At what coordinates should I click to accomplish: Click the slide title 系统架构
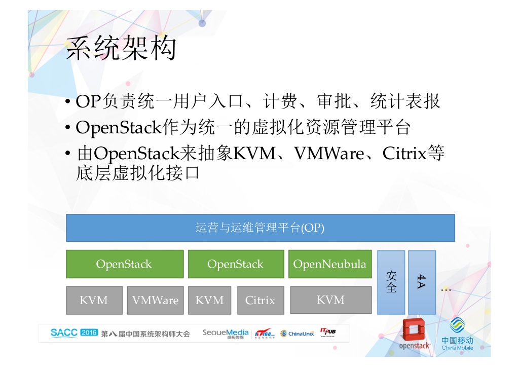(x=121, y=49)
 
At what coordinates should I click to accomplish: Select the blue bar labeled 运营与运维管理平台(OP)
(x=260, y=228)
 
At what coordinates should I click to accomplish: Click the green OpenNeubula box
(x=329, y=264)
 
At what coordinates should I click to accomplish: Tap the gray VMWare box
(x=155, y=300)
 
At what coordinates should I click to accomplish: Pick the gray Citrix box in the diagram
(x=260, y=300)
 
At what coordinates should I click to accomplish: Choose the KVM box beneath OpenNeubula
(x=330, y=300)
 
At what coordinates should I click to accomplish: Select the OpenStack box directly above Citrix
(x=235, y=264)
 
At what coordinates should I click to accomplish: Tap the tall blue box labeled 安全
(x=391, y=282)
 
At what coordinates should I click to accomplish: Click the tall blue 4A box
(x=422, y=282)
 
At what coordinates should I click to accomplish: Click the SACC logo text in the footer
(x=64, y=333)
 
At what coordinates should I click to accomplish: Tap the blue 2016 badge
(x=89, y=333)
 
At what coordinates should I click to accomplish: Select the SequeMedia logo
(x=226, y=333)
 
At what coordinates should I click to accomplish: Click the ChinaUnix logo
(x=298, y=333)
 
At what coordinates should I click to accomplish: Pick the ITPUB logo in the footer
(x=327, y=333)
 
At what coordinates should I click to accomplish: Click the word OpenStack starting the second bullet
(x=118, y=127)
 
